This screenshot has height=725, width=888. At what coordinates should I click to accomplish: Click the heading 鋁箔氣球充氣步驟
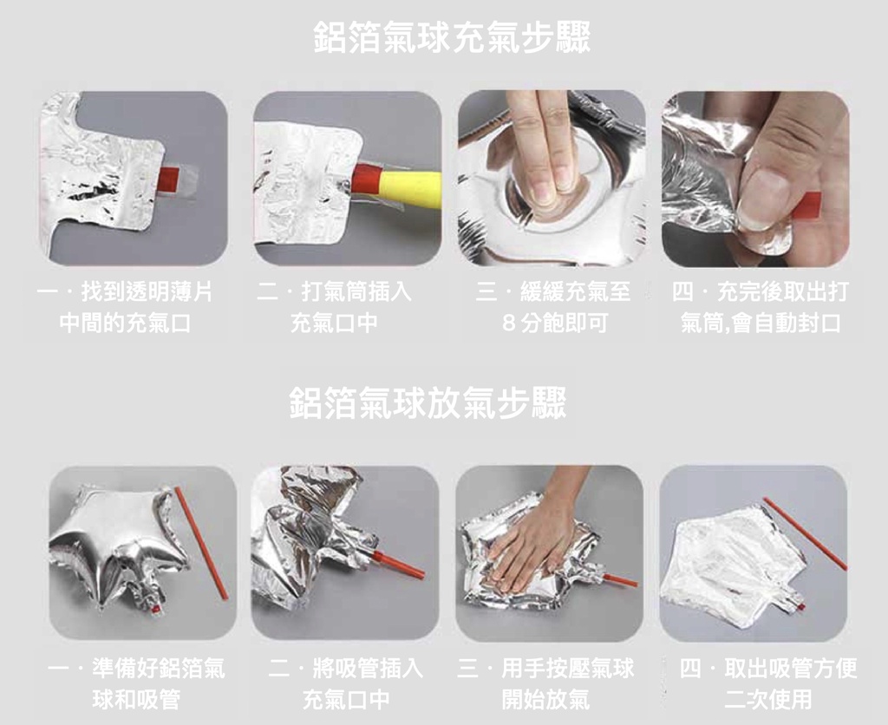(451, 37)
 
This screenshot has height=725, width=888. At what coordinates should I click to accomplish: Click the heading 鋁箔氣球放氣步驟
(428, 403)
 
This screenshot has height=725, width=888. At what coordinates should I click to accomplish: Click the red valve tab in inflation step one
(169, 178)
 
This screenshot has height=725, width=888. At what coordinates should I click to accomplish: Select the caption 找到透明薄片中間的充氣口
(125, 307)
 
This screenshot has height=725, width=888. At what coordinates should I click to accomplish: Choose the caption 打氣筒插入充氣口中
(334, 307)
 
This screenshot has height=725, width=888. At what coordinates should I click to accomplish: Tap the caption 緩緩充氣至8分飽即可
(553, 307)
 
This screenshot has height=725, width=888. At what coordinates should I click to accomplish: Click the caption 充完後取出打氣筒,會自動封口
(760, 307)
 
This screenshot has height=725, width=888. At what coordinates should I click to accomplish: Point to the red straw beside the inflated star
(201, 543)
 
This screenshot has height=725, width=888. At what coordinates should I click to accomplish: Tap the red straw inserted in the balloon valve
(398, 564)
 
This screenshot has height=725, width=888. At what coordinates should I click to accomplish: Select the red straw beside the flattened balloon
(805, 533)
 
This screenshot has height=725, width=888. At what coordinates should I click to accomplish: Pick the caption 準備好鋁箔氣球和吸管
(136, 683)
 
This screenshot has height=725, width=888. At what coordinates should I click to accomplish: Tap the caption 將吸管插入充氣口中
(345, 683)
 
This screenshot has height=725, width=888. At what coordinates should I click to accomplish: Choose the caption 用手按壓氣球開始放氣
(546, 683)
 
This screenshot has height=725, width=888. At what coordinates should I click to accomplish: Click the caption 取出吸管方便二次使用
(768, 683)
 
